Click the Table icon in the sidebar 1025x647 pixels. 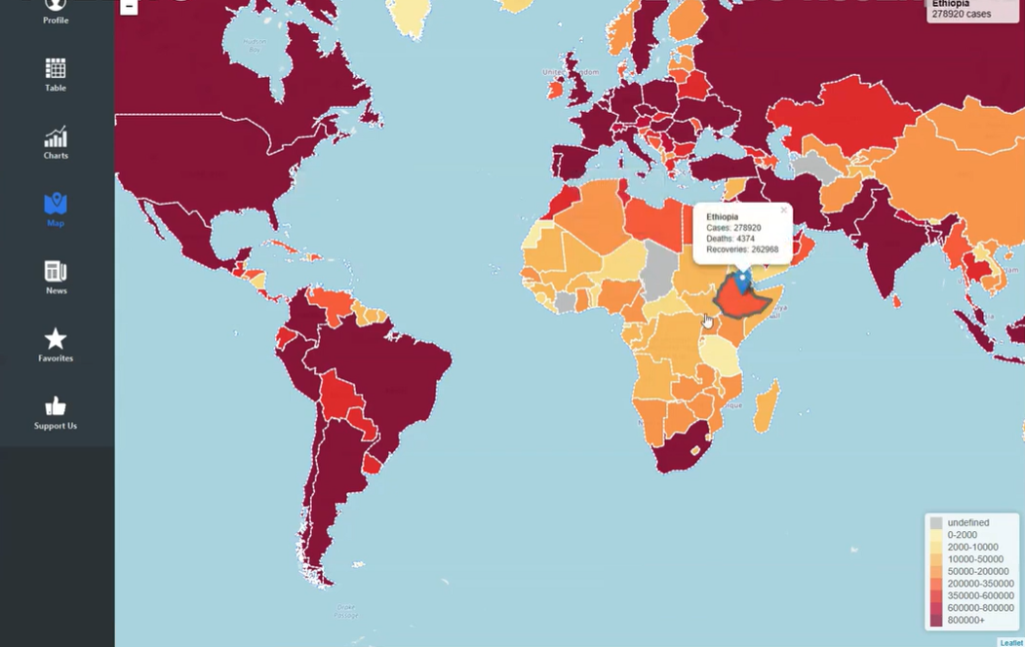pos(56,69)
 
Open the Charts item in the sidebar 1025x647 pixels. pos(56,137)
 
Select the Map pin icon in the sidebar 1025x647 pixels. pos(56,204)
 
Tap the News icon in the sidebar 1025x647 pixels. pos(56,271)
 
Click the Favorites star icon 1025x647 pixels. pos(56,339)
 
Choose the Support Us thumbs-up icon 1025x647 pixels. pos(56,406)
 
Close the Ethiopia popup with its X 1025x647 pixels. pos(783,209)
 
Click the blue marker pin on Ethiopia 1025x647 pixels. pos(742,281)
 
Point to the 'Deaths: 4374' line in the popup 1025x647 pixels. pos(730,239)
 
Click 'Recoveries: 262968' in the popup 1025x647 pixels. pos(742,249)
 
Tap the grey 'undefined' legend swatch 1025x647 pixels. pos(936,523)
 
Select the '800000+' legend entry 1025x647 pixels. pos(966,620)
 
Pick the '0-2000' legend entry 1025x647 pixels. pos(962,535)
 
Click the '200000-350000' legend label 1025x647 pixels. pos(980,584)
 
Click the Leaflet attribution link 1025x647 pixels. pos(1011,642)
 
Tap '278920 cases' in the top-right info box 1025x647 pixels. pos(961,15)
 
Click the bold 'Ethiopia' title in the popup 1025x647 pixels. pos(723,216)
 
